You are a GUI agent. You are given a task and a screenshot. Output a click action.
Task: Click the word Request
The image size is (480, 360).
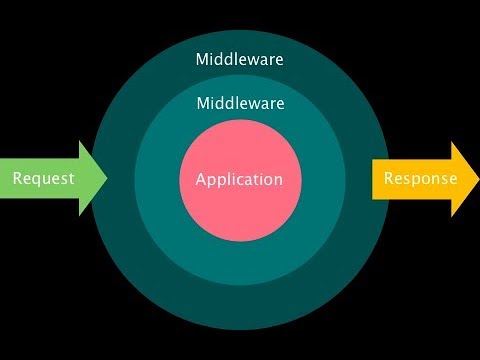(x=44, y=179)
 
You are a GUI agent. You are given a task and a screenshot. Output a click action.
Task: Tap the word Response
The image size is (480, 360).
(x=421, y=179)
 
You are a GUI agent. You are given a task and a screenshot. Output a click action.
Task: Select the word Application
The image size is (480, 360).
(x=239, y=180)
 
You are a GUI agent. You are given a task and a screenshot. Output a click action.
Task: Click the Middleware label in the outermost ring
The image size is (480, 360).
(x=240, y=59)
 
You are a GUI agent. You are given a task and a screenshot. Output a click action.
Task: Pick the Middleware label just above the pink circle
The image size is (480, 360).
(x=240, y=103)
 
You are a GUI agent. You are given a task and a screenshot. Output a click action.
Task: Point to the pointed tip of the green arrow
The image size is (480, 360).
(x=105, y=179)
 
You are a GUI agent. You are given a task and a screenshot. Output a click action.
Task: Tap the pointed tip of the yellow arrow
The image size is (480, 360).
(x=477, y=179)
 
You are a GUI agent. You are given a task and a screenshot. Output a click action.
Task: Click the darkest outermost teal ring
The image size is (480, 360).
(x=240, y=305)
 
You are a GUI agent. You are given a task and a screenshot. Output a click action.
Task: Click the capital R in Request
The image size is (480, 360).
(x=17, y=179)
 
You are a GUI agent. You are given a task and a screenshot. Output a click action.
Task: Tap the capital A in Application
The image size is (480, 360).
(x=201, y=180)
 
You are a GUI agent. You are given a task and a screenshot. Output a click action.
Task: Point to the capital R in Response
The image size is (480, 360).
(x=389, y=179)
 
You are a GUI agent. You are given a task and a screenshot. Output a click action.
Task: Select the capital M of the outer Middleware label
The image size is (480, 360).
(x=203, y=59)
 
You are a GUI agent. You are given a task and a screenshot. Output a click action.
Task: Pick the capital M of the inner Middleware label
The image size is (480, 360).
(x=203, y=103)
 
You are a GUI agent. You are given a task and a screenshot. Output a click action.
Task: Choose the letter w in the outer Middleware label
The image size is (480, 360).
(x=255, y=60)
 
